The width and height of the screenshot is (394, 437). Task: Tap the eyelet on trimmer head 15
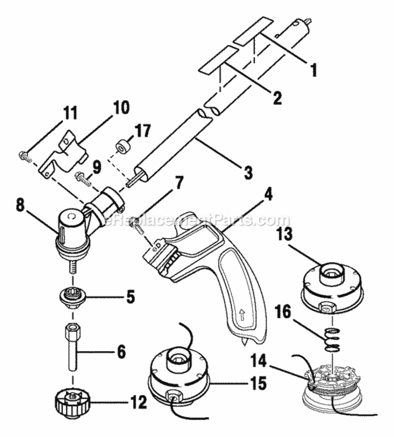click(174, 398)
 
